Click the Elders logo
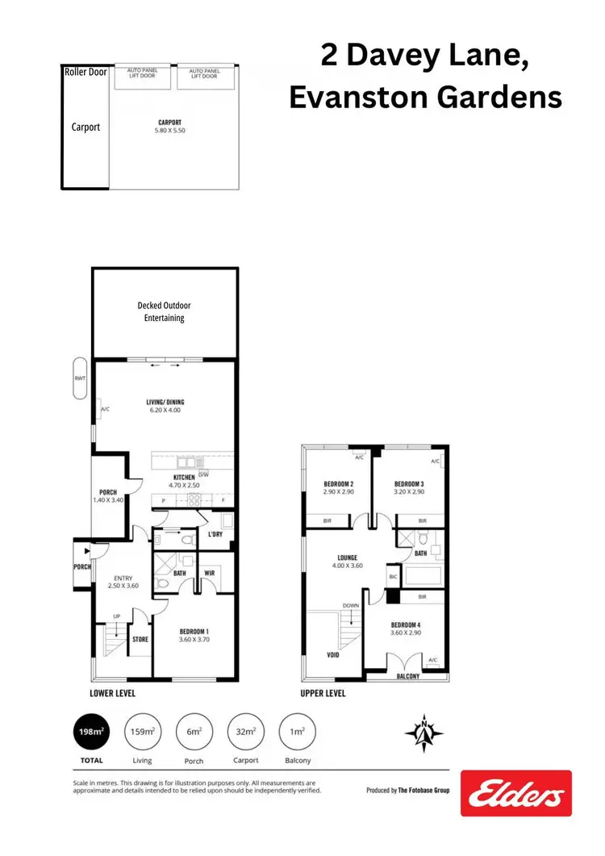[516, 793]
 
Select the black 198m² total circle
[91, 733]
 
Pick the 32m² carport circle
[246, 733]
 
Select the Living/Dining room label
[165, 401]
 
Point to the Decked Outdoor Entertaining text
[165, 311]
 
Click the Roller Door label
[86, 72]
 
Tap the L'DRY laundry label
[215, 535]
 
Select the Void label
[332, 654]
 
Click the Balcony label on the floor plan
[407, 677]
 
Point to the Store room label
[140, 640]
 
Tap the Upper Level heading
[323, 693]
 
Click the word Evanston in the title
[354, 98]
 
